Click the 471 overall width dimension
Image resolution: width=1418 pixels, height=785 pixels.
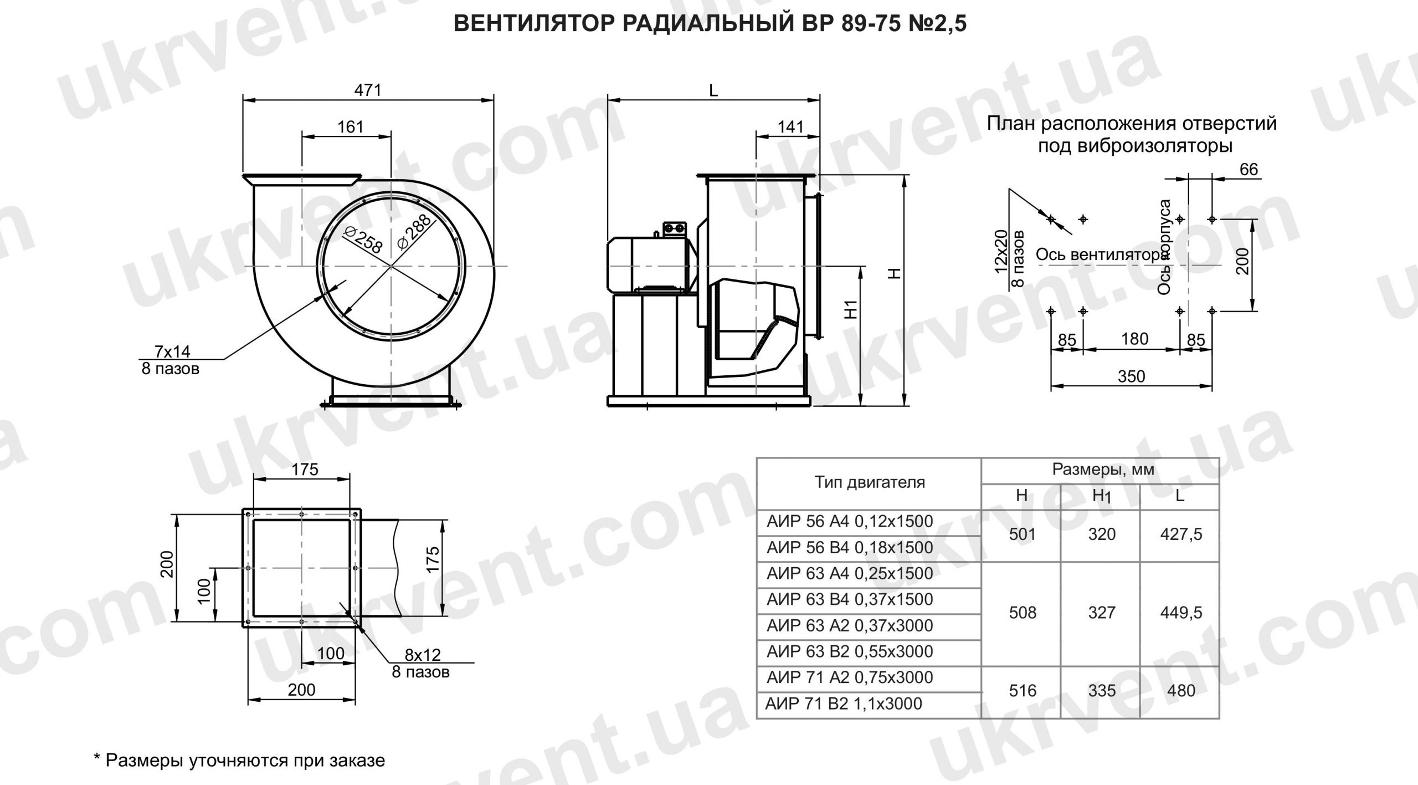pos(368,90)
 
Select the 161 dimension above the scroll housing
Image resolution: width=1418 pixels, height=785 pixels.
pos(351,127)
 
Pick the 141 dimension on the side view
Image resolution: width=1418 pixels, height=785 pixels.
pos(790,127)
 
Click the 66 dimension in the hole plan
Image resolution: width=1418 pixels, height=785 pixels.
pos(1249,170)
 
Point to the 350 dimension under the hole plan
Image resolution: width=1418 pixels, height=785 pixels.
pos(1131,377)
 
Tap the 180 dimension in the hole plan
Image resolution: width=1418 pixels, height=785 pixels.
pos(1134,339)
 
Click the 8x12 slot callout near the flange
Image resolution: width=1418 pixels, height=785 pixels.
pos(423,655)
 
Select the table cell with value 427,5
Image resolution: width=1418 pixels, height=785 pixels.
pos(1181,534)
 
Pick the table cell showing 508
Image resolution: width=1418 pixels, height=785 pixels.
pos(1023,613)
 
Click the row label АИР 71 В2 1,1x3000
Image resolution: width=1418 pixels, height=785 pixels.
pos(844,704)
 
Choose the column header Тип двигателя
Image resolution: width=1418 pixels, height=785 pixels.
pos(870,482)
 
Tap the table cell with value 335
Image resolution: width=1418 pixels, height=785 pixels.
pos(1101,691)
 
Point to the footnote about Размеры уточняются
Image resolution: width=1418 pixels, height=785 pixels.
pos(239,760)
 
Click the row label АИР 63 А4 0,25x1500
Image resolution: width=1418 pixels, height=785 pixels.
pos(850,573)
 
